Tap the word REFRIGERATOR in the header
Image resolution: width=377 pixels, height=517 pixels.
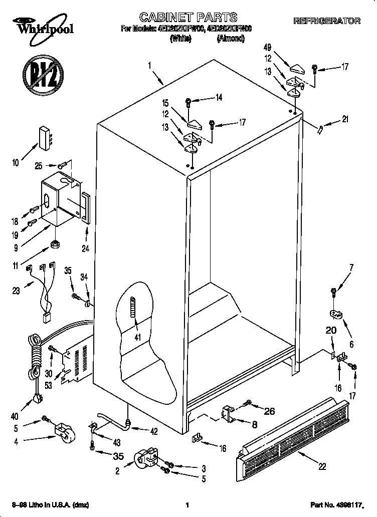326,21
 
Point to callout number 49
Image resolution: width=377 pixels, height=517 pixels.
267,48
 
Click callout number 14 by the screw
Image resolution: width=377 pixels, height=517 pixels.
219,98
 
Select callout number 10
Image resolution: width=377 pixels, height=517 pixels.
16,162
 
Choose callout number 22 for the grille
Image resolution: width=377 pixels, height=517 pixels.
322,466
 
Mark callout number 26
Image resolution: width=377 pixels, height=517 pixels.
269,412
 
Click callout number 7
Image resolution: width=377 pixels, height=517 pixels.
351,268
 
